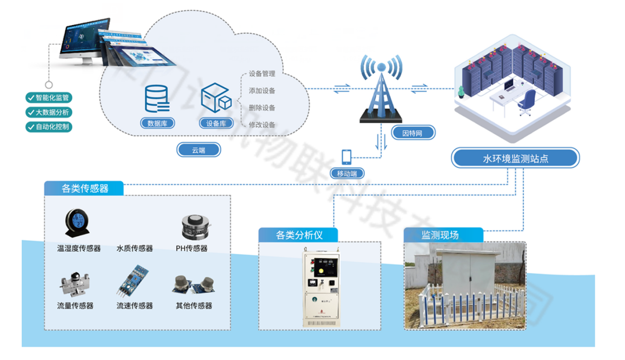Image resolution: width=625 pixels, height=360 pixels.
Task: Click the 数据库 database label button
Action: [157, 123]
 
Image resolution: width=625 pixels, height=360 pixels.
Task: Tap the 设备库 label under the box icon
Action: [216, 123]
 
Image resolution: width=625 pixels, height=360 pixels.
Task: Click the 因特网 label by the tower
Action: [413, 132]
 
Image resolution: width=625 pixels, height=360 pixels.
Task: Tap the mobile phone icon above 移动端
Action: [347, 157]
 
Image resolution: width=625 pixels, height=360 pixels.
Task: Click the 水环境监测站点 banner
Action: [515, 159]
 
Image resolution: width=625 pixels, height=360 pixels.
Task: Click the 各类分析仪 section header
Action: [299, 235]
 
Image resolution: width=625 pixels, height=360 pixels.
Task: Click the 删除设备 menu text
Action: [262, 108]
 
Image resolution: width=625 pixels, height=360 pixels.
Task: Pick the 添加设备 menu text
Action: [262, 91]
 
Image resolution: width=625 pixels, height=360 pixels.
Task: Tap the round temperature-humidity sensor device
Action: [78, 224]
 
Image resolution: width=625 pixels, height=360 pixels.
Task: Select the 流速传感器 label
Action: [134, 306]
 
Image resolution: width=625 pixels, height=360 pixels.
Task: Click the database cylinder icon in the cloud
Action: [156, 98]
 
